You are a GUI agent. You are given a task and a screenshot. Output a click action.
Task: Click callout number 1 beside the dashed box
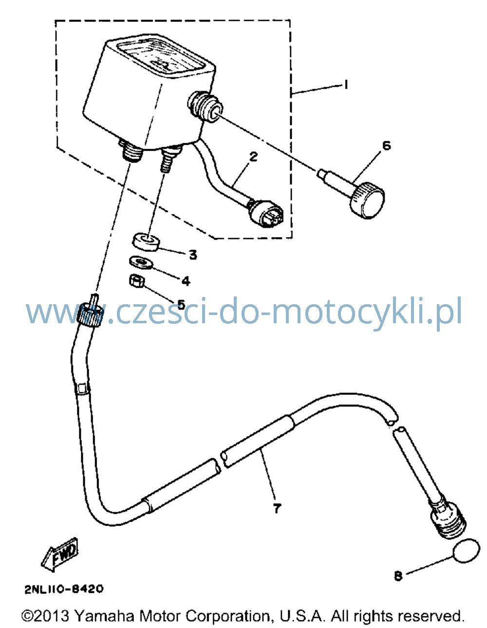click(345, 85)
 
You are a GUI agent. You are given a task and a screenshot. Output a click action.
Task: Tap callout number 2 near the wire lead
click(253, 157)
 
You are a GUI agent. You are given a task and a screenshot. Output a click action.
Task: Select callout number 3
click(193, 255)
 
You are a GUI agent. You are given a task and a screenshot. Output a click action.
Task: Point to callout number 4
click(186, 280)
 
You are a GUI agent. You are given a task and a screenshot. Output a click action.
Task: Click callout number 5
click(181, 304)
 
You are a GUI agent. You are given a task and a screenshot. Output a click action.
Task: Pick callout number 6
click(386, 146)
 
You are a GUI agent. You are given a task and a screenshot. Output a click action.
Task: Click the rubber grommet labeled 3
click(146, 242)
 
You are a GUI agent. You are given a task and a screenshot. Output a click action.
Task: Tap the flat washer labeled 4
click(141, 262)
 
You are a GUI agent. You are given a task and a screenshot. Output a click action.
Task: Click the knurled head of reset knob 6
click(367, 200)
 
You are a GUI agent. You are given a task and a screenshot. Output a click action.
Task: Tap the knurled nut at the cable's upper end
click(90, 314)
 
